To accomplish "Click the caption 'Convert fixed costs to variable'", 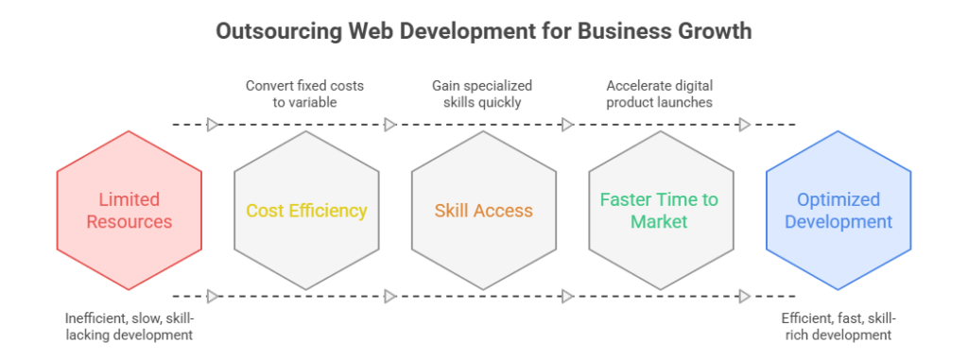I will [x=304, y=93].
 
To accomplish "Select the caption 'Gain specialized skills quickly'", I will [x=482, y=93].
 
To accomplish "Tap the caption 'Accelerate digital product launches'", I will [x=659, y=93].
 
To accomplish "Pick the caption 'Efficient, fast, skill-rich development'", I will [x=837, y=327].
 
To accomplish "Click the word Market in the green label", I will [x=660, y=223].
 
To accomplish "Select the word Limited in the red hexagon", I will [x=130, y=199].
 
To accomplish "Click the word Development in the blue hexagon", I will [x=838, y=223].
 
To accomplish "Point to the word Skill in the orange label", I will [x=452, y=211].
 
